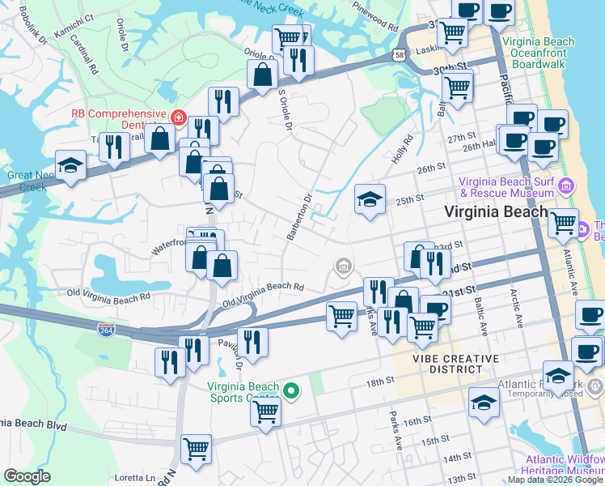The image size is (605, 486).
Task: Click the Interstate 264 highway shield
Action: [105, 330]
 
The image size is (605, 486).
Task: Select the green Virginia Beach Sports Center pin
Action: [290, 391]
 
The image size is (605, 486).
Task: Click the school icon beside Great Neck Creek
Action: [71, 166]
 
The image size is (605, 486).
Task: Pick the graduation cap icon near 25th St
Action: [370, 199]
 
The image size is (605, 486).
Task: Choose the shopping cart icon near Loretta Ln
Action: [196, 448]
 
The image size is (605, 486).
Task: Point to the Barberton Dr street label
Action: [298, 217]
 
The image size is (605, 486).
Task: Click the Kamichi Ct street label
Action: [74, 16]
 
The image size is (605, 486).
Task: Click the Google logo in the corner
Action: [27, 476]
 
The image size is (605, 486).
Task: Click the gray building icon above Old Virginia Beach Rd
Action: [343, 266]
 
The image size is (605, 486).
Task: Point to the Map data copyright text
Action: [555, 480]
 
